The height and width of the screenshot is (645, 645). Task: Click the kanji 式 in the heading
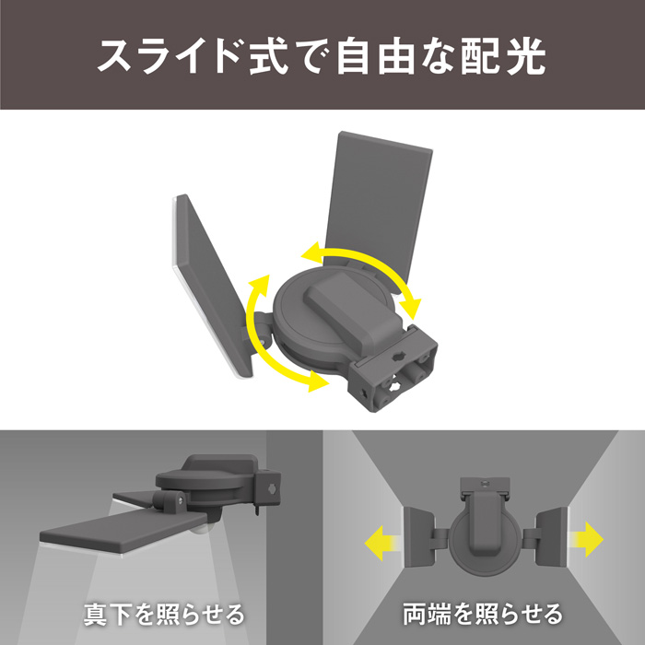click(x=269, y=56)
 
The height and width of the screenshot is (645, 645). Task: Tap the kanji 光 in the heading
click(x=526, y=56)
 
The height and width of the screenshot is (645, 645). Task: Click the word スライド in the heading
click(x=170, y=56)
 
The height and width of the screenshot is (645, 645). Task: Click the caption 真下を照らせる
click(x=164, y=615)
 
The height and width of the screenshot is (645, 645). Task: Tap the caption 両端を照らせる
click(x=483, y=615)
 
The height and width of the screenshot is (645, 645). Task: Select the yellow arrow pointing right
click(x=586, y=539)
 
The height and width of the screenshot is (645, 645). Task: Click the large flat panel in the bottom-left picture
click(x=123, y=532)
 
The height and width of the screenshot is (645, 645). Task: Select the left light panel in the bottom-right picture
click(x=418, y=537)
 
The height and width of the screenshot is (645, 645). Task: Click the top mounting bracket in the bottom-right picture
click(x=485, y=487)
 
